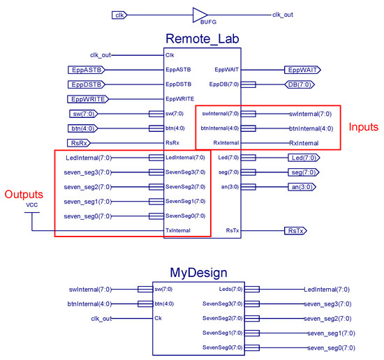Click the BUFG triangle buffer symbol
pos(200,15)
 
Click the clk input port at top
pos(119,15)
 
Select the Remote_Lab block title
pos(202,38)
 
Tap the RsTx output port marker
pos(297,230)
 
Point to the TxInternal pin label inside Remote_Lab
pos(180,230)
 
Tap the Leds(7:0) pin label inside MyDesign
pos(223,288)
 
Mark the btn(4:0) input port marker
pos(84,128)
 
